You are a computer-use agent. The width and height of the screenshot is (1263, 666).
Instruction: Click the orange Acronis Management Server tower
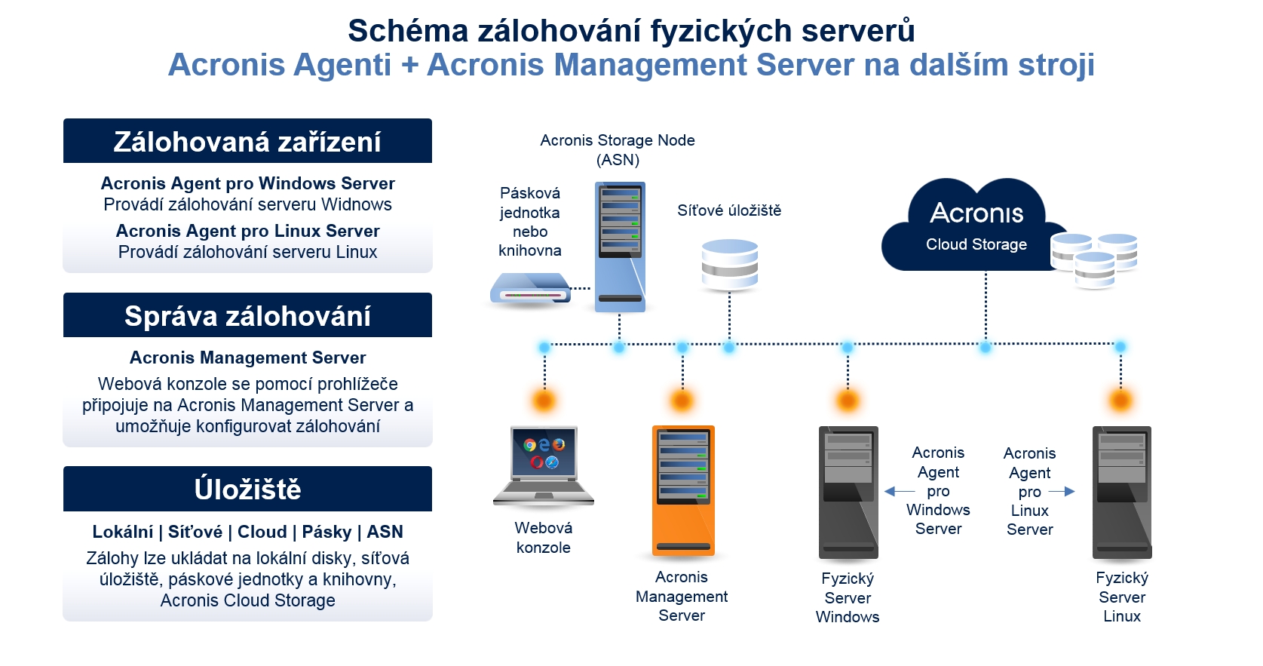coord(683,490)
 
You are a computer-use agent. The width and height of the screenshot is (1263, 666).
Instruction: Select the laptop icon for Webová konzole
coord(544,466)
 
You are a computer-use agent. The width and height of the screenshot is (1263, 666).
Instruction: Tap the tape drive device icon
coord(530,288)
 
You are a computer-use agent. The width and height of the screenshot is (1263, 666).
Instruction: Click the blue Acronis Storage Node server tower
coord(620,247)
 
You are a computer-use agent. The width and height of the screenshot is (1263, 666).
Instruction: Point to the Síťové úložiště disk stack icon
coord(730,265)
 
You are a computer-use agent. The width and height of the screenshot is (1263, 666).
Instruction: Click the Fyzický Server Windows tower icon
coord(848,493)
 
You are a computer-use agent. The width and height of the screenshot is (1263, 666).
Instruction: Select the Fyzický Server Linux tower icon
coord(1122,493)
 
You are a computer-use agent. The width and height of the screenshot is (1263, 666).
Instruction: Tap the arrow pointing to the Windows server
coord(900,492)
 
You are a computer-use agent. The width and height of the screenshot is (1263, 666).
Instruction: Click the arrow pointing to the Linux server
coord(1062,492)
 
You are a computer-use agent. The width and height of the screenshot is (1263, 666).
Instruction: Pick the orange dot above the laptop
coord(544,401)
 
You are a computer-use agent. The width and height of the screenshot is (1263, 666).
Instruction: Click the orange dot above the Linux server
coord(1121,401)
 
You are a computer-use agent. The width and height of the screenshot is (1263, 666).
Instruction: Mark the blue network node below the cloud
coord(986,348)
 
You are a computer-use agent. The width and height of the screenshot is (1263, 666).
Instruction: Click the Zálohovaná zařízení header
coord(247,141)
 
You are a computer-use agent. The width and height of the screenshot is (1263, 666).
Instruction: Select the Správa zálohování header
coord(247,315)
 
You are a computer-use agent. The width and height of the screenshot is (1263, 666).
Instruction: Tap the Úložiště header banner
coord(247,489)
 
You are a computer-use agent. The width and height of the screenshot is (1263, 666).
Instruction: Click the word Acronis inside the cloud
coord(976,213)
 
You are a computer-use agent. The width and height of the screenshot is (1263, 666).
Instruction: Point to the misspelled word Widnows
coord(357,204)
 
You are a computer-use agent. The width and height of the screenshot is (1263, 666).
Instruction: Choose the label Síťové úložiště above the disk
coord(729,210)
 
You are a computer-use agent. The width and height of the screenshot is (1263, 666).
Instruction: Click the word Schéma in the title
coord(408,30)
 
